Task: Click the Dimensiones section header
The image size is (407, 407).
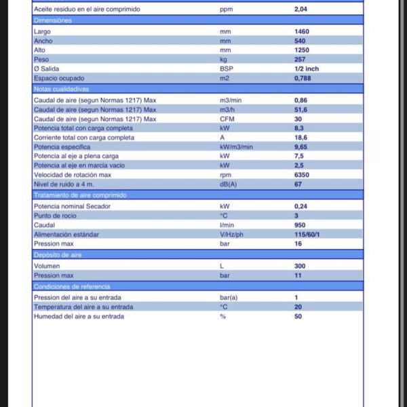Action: [x=52, y=20]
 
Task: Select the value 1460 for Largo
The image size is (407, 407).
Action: [x=302, y=31]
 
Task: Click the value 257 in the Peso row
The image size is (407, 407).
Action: [x=300, y=60]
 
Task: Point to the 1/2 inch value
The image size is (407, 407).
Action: [x=307, y=69]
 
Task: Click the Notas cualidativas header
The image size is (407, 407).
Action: [x=61, y=89]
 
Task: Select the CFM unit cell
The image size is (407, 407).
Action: [x=227, y=119]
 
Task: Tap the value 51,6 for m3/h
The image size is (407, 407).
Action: [x=301, y=109]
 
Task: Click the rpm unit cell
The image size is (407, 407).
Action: [x=225, y=174]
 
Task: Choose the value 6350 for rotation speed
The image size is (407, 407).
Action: [x=302, y=174]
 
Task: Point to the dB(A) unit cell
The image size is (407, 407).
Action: [x=229, y=184]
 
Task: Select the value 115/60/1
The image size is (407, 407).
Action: [x=309, y=234]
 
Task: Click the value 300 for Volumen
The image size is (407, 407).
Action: [x=300, y=267]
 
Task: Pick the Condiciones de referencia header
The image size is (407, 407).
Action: [x=71, y=286]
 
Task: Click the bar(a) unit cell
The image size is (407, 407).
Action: [x=229, y=297]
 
